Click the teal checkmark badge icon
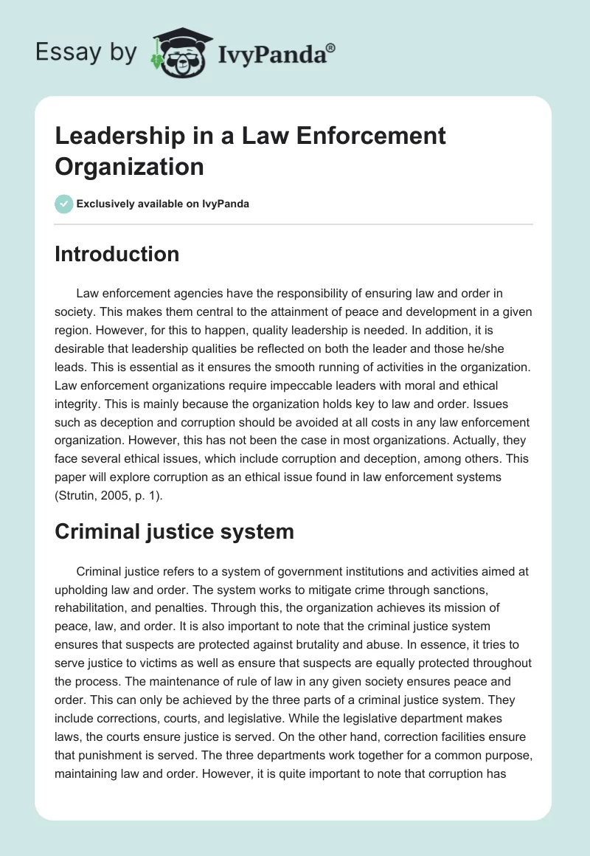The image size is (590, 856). click(x=64, y=204)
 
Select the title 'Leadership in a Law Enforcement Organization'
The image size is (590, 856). click(x=251, y=151)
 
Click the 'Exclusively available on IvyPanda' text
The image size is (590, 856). click(x=164, y=204)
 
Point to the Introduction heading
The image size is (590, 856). click(x=117, y=254)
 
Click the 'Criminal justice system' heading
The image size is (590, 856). click(x=174, y=531)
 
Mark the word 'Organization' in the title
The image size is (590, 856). click(x=129, y=166)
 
